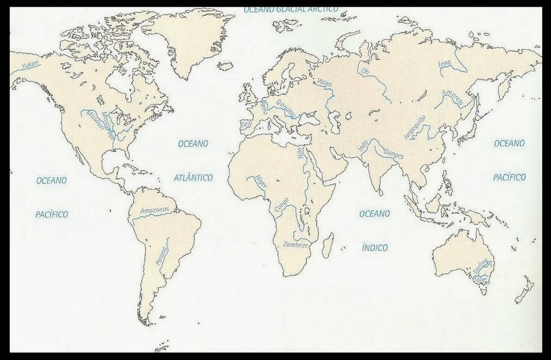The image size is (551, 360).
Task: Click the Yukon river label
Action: click(31, 66)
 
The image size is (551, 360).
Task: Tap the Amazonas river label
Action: click(154, 210)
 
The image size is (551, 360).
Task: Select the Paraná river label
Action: click(161, 255)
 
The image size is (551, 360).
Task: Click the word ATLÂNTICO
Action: click(193, 177)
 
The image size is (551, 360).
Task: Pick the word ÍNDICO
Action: click(375, 247)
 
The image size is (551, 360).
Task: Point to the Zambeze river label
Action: click(296, 245)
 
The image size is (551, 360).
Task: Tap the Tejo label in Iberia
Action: click(247, 125)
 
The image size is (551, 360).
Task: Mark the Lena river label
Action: click(444, 64)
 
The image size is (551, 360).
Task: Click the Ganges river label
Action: click(394, 154)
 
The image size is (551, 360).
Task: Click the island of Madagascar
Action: click(328, 246)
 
